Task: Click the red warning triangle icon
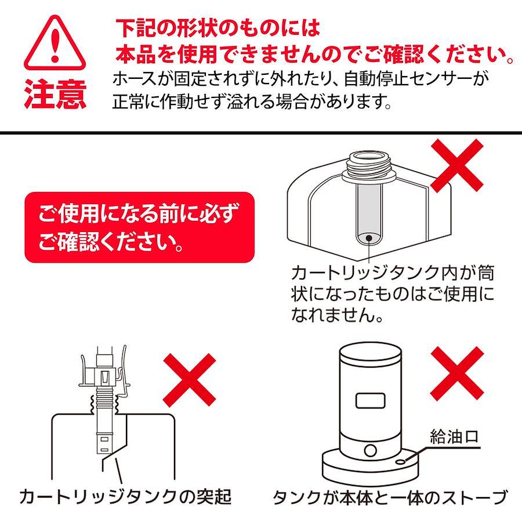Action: pos(55,43)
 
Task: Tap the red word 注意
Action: pos(56,94)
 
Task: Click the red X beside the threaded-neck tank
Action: pos(457,165)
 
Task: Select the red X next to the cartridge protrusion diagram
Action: pos(190,380)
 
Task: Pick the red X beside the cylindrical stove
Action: pos(457,374)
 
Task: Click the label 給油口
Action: pos(454,436)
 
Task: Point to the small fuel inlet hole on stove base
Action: pos(401,462)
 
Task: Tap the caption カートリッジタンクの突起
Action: pos(125,497)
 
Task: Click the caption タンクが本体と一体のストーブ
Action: pos(390,498)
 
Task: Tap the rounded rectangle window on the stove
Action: pos(370,400)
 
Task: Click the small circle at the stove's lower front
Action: pos(370,451)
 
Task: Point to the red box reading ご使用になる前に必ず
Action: pos(139,227)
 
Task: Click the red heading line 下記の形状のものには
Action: pos(217,28)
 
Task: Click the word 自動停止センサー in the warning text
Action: pos(408,80)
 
